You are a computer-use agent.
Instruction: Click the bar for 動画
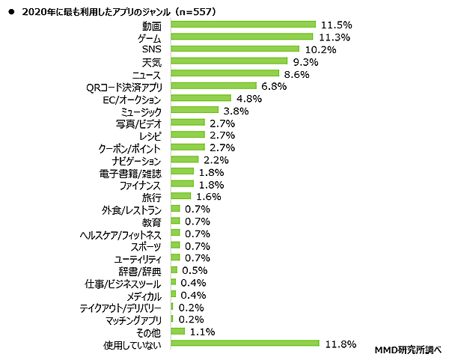pos(242,25)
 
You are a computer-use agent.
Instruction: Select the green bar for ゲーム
pos(242,37)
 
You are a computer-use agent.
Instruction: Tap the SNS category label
pos(150,49)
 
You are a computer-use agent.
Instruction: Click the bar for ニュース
pos(224,73)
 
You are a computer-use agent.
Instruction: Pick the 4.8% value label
pos(250,98)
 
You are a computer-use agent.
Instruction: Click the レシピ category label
pos(150,135)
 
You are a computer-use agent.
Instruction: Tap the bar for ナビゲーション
pos(184,159)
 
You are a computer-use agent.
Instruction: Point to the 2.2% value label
pos(215,159)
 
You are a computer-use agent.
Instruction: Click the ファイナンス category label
pos(140,184)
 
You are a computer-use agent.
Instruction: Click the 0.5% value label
pos(195,270)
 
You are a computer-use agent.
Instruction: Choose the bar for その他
pos(177,332)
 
